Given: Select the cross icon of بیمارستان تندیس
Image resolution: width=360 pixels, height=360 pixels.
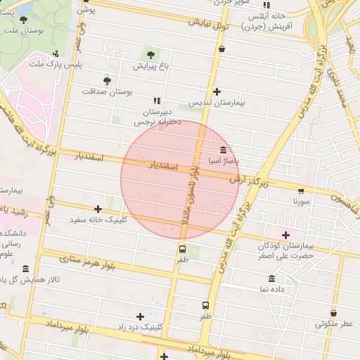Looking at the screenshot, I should [217, 91].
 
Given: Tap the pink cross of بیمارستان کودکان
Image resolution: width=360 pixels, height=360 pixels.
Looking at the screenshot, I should [285, 234].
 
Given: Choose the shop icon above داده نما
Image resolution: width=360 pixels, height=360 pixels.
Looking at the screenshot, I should [271, 278].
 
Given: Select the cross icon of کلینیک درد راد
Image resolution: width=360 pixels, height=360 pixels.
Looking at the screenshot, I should [141, 316].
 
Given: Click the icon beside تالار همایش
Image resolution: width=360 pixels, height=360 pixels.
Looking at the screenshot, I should [26, 269].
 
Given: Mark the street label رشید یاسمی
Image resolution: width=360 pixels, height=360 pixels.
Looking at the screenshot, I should [14, 211].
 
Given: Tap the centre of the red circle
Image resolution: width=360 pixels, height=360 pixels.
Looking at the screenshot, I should [181, 180].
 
